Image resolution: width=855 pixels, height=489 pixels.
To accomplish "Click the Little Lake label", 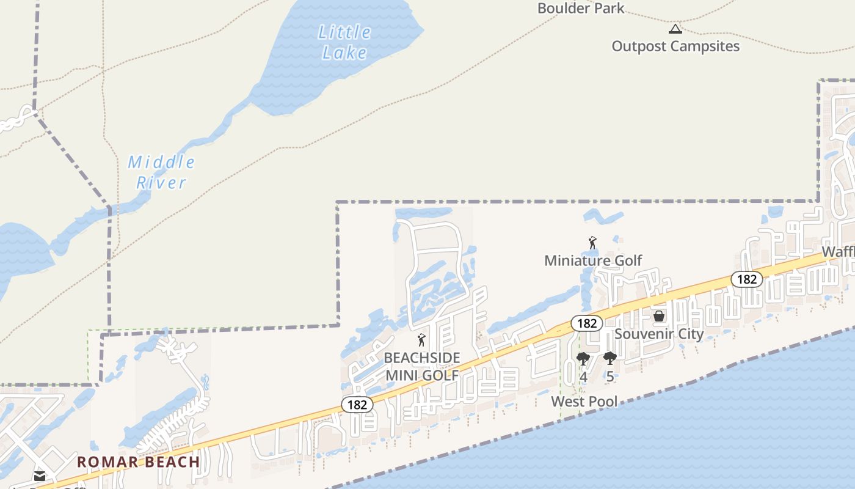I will click(x=344, y=42).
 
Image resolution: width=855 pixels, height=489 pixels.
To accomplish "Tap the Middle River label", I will click(x=161, y=172).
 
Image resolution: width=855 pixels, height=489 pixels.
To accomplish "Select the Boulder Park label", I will click(x=581, y=9).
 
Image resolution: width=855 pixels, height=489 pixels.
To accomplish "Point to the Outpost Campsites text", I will click(x=675, y=46).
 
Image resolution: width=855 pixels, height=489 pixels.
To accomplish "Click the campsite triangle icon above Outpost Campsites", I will click(x=675, y=29).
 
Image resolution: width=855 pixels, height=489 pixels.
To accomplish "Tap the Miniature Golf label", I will click(x=593, y=260).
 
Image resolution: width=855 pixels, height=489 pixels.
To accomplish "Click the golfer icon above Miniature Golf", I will click(x=592, y=243).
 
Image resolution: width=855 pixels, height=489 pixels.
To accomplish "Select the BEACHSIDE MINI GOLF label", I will click(x=422, y=366).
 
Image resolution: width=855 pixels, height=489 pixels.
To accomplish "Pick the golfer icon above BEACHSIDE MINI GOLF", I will click(x=421, y=340).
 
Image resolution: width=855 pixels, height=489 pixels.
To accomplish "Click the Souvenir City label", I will click(x=659, y=334).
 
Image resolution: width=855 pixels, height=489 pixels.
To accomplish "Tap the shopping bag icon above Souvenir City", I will click(x=659, y=316).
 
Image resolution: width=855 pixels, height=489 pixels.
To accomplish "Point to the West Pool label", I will click(x=584, y=402).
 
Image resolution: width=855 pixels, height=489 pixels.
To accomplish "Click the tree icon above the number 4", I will click(x=583, y=359).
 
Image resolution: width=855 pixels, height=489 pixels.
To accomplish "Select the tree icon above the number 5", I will click(x=609, y=358).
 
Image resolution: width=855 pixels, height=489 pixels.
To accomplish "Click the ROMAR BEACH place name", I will click(x=139, y=462).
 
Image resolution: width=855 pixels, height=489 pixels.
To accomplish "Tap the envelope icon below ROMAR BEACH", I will click(x=40, y=476).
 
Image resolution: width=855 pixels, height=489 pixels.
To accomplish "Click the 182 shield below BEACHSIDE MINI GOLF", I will click(x=357, y=404).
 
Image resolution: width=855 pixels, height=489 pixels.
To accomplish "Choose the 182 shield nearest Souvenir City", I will click(x=587, y=323).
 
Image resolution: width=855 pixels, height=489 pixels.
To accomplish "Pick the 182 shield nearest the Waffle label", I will click(x=747, y=279).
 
